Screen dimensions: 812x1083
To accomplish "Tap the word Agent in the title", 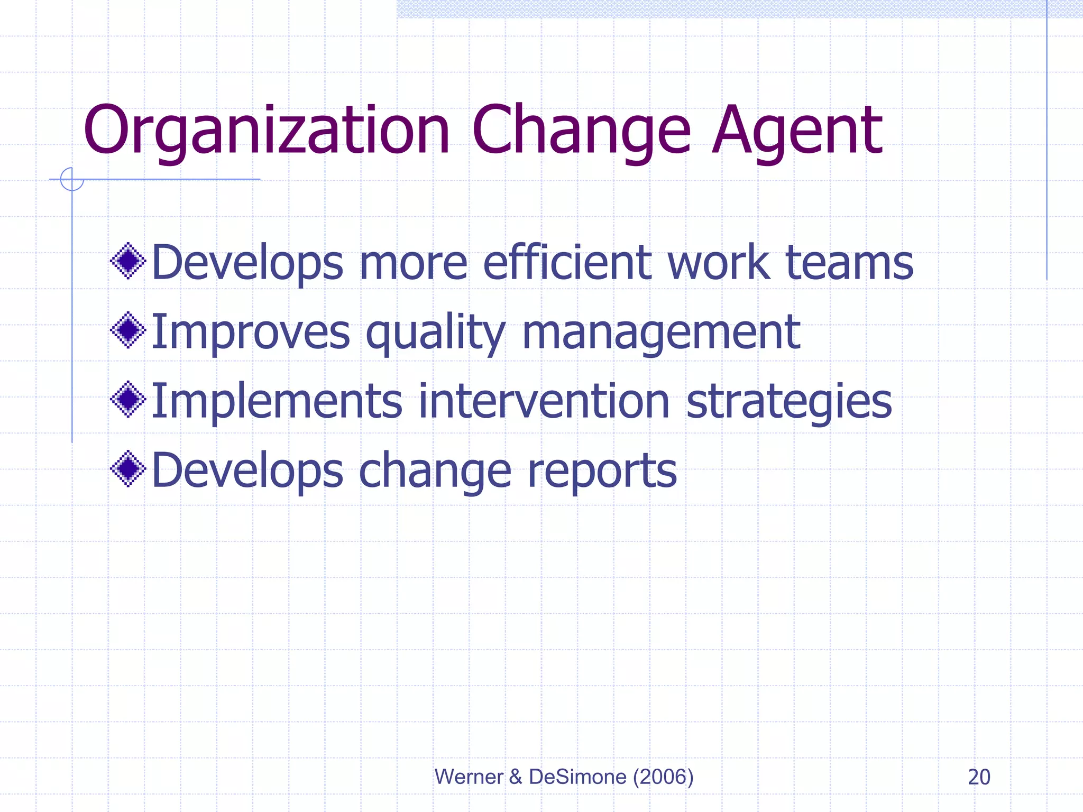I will [x=797, y=131].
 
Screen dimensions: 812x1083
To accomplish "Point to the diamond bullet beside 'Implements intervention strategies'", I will [x=128, y=400].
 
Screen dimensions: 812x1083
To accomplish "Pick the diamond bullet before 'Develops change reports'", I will [x=128, y=469].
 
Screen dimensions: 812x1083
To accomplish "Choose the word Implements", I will [x=277, y=402].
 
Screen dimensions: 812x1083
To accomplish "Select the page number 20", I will [x=979, y=777].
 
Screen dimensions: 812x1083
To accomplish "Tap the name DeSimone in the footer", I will [x=577, y=777].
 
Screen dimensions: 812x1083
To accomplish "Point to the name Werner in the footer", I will [x=469, y=777].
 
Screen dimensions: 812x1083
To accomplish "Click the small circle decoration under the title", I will [x=72, y=179].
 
